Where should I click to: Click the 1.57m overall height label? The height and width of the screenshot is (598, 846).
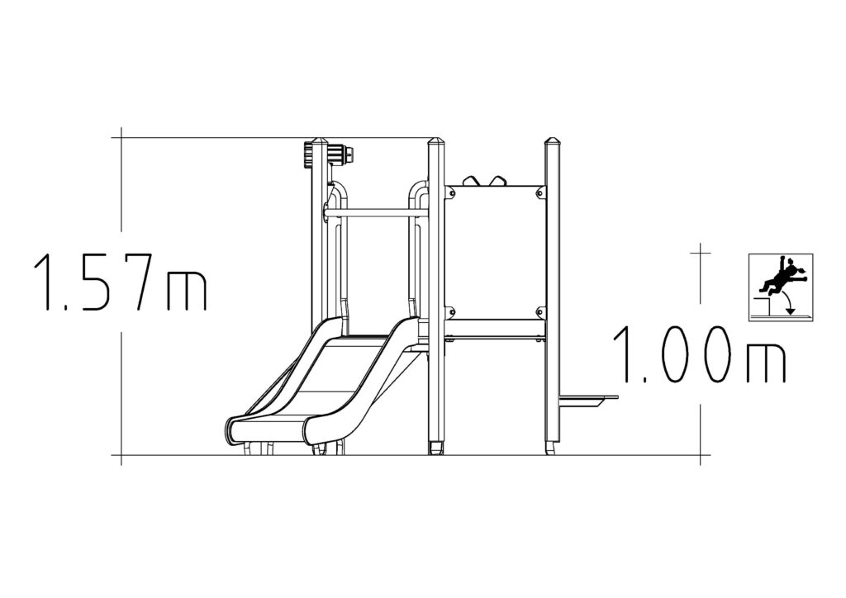(x=121, y=282)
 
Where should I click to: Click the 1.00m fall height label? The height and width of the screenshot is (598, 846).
(x=699, y=354)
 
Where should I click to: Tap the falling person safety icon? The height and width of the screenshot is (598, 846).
(x=780, y=287)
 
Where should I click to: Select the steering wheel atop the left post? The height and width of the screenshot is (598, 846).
(x=331, y=155)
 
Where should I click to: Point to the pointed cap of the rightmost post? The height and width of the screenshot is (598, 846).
(x=553, y=142)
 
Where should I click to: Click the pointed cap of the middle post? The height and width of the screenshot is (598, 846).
(x=436, y=142)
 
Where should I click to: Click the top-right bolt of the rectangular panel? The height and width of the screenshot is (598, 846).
(x=539, y=191)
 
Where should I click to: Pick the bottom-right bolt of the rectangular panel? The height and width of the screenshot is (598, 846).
(x=539, y=311)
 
